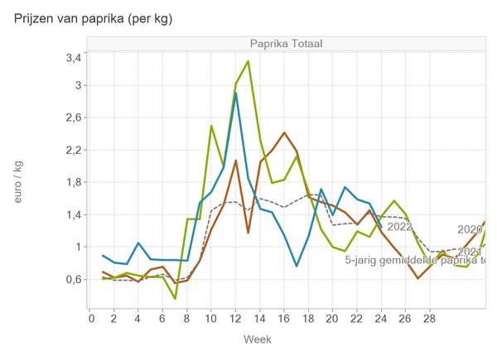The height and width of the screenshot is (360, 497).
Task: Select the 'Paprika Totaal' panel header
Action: (286, 43)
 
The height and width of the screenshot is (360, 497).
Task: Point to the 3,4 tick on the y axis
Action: (73, 58)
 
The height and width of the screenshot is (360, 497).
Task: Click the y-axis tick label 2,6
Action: (73, 118)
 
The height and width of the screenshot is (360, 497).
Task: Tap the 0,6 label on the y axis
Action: (73, 280)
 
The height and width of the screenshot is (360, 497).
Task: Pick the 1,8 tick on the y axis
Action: (73, 182)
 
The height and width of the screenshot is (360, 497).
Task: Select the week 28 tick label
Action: (430, 317)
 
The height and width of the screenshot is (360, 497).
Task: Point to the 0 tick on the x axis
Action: (91, 317)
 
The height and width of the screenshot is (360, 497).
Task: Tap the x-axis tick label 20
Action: (333, 317)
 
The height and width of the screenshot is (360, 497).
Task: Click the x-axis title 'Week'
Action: (258, 339)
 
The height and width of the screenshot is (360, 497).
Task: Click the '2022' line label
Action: (399, 227)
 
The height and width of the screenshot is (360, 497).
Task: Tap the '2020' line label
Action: (470, 230)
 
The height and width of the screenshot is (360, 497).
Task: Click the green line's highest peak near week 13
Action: (248, 61)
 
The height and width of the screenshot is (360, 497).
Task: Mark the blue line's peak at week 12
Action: (236, 94)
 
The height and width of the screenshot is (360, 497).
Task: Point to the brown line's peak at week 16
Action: (284, 132)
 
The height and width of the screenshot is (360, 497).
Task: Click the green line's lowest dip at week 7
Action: (175, 298)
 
